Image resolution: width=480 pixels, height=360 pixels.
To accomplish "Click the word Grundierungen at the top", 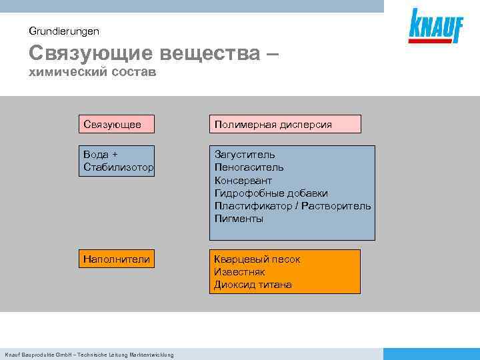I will [64, 31].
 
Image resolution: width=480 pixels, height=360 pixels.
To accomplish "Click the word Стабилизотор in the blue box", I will [119, 167].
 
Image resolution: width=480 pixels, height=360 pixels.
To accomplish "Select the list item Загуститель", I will [245, 155].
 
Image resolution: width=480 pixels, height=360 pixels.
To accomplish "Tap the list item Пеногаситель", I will [249, 167].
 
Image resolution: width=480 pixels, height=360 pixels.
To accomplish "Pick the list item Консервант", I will [243, 181].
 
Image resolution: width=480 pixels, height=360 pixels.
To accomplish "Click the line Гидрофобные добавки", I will [271, 193].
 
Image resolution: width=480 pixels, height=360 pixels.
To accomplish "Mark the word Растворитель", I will [336, 206].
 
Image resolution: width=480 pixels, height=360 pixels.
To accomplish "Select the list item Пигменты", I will [239, 219].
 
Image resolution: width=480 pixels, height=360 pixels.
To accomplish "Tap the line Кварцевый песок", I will [257, 259].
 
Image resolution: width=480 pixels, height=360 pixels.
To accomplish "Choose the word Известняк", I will [239, 272].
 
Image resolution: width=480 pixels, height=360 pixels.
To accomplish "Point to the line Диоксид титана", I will [253, 285].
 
